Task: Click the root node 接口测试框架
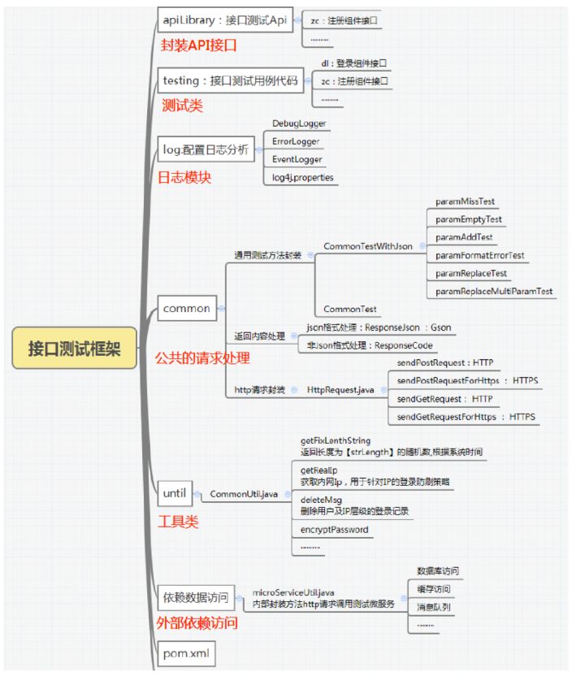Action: click(x=74, y=349)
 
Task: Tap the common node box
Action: click(x=187, y=308)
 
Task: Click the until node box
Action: click(x=175, y=493)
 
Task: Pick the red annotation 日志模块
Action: click(x=184, y=176)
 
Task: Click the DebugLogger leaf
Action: click(x=299, y=123)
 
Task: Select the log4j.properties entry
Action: click(x=302, y=177)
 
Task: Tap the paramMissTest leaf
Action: click(x=465, y=201)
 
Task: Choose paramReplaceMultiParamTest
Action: click(x=494, y=291)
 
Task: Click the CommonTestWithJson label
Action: click(x=368, y=246)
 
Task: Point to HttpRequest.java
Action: click(x=340, y=390)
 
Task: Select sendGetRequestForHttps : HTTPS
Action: click(x=466, y=417)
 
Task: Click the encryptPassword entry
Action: click(x=334, y=530)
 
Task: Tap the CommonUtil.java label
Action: click(x=244, y=493)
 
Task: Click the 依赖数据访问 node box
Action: click(x=195, y=598)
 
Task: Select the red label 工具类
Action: click(x=178, y=522)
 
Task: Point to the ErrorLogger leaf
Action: click(x=296, y=141)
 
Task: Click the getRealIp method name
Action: click(x=318, y=470)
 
